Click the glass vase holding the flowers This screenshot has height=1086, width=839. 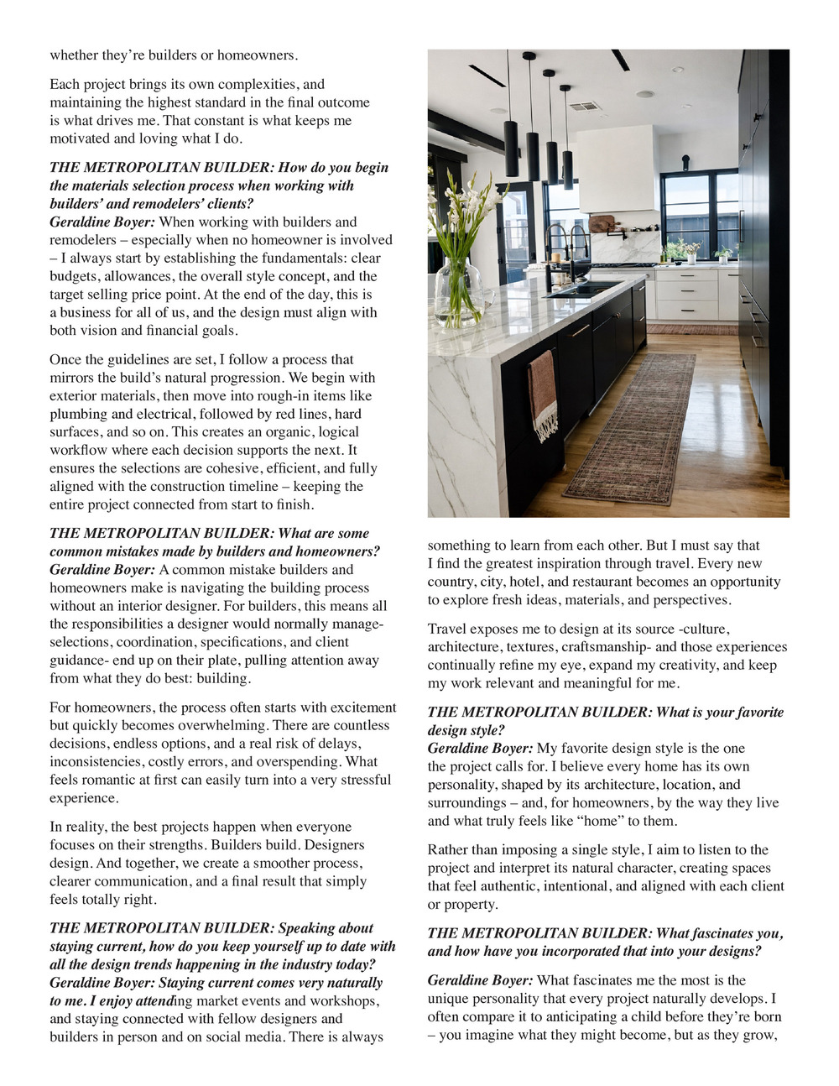(458, 290)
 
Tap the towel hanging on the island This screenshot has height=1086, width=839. (544, 394)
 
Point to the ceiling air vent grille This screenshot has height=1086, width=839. (584, 107)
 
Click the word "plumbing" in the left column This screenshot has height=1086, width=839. (77, 414)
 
